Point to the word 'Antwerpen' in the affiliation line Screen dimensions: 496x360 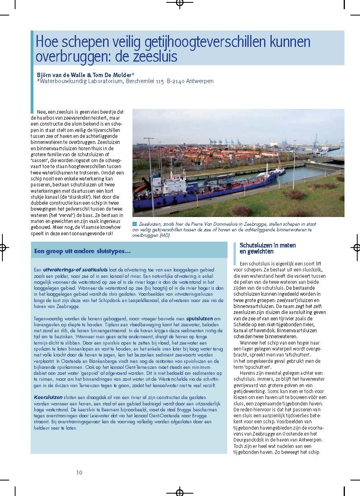coord(201,81)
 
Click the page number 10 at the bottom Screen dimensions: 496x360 coord(79,472)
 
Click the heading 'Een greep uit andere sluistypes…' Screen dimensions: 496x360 coord(82,251)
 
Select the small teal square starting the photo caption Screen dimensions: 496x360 coord(134,224)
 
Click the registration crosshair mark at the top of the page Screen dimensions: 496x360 coord(180,4)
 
